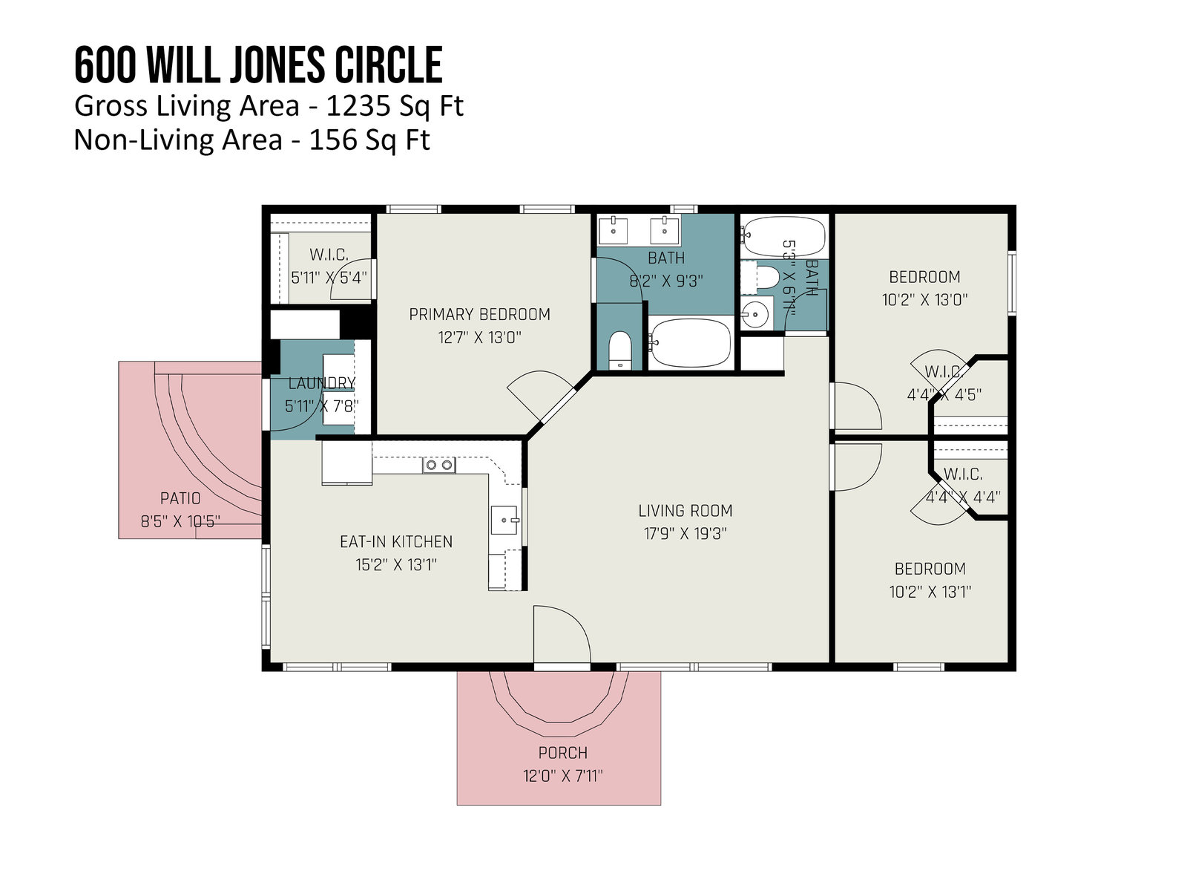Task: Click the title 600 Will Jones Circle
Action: (x=258, y=65)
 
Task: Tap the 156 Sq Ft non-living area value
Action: (x=369, y=140)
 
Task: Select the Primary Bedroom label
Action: (x=479, y=314)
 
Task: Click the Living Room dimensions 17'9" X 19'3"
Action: (x=685, y=534)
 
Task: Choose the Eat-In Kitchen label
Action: (x=396, y=541)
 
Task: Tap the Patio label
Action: (x=180, y=498)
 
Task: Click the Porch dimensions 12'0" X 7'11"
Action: (x=562, y=777)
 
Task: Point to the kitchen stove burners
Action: (x=438, y=466)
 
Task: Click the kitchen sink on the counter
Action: (x=504, y=520)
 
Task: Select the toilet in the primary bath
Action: (x=619, y=350)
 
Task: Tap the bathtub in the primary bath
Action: (x=689, y=343)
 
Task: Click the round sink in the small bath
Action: (x=755, y=313)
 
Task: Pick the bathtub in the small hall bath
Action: (x=783, y=236)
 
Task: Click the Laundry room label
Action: (x=321, y=383)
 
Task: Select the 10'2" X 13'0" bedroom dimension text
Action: (x=924, y=300)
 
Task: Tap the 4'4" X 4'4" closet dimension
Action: (x=962, y=497)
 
